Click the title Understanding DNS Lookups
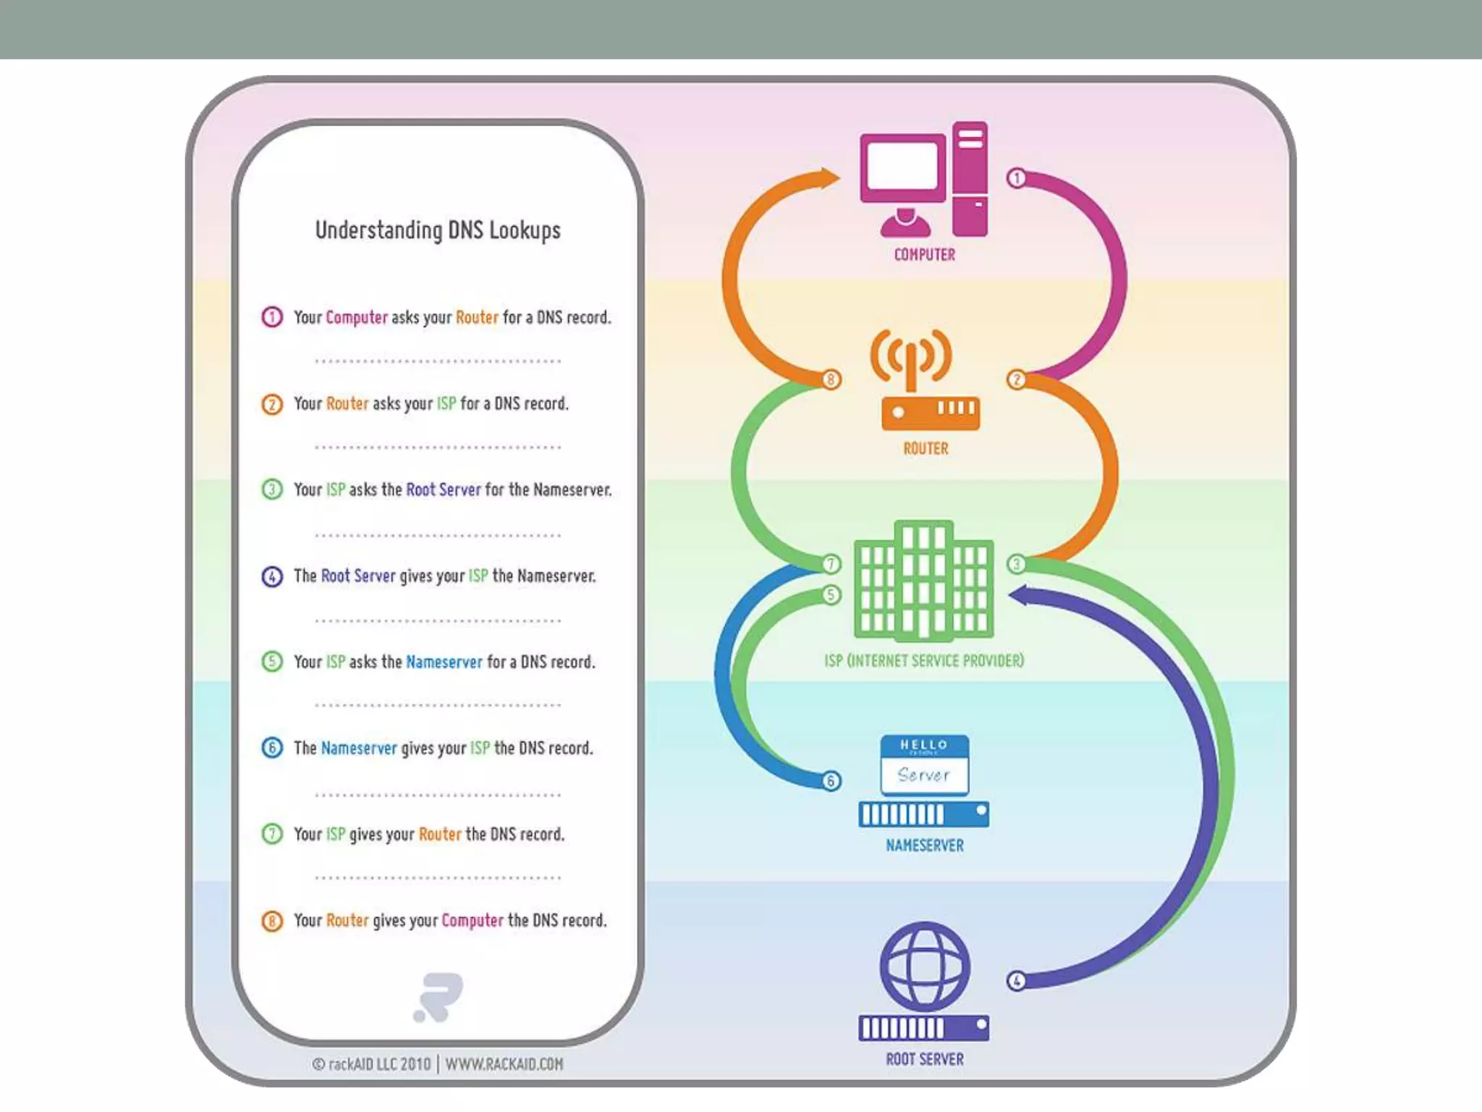tap(438, 230)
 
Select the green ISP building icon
tap(924, 581)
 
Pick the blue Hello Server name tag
tap(924, 765)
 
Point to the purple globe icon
tap(924, 966)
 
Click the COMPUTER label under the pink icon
tap(924, 255)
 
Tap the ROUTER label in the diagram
tap(926, 449)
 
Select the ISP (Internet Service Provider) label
tap(924, 661)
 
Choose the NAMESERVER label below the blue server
tap(924, 846)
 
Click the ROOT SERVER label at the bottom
tap(924, 1059)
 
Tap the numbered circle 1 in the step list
tap(272, 317)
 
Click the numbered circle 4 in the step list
tap(272, 576)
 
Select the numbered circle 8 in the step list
tap(272, 921)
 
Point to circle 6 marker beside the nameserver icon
tap(831, 781)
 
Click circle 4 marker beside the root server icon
tap(1017, 981)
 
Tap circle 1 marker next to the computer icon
tap(1017, 178)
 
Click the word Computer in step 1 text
tap(357, 317)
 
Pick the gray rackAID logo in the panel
tap(439, 997)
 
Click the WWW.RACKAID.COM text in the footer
tap(504, 1064)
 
